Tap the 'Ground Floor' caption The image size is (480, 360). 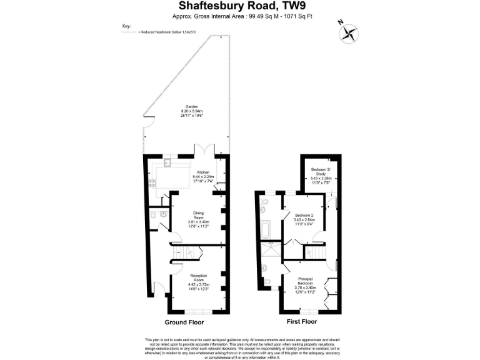coord(184,322)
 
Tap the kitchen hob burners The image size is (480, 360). coord(152,183)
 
